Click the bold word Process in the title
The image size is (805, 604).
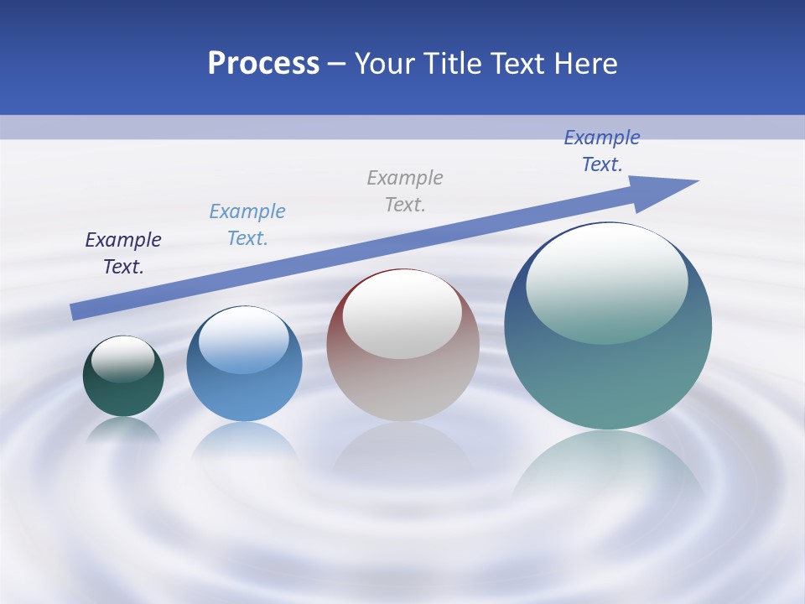pos(263,64)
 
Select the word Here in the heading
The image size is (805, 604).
pos(584,64)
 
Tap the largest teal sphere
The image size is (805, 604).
pos(608,377)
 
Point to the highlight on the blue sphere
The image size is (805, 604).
pos(243,341)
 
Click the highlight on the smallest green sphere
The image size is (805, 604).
pos(122,359)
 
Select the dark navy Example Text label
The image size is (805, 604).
pos(123,253)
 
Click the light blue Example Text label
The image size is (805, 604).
pos(247,225)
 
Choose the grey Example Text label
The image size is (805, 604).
pos(405,191)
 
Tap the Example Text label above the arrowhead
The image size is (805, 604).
pos(602,151)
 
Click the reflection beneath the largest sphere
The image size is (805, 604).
pos(608,470)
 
